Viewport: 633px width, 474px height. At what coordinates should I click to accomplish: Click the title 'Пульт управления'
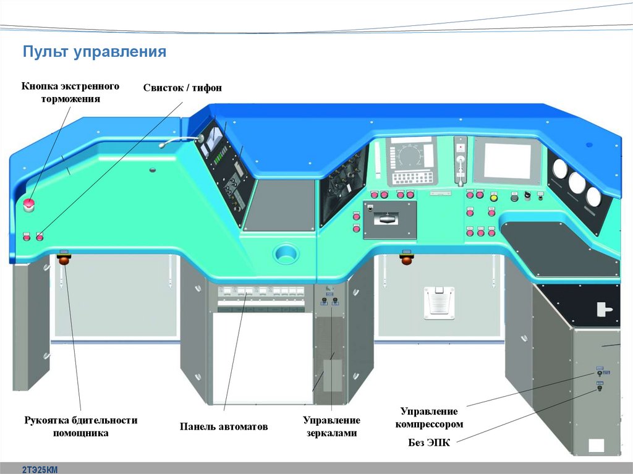tap(95, 51)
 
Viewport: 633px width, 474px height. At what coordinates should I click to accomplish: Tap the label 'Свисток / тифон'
tap(182, 88)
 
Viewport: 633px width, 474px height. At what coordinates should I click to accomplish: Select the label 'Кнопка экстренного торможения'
tap(70, 92)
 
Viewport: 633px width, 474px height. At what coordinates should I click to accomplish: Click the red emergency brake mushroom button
tap(28, 205)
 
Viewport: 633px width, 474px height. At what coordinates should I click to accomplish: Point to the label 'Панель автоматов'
tap(224, 426)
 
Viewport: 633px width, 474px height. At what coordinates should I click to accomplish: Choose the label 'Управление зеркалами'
tap(331, 426)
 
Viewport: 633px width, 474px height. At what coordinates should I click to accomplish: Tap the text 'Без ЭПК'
tap(429, 442)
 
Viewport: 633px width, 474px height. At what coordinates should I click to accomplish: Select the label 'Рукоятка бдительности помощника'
tap(80, 426)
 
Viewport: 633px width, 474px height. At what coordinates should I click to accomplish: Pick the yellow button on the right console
tap(493, 198)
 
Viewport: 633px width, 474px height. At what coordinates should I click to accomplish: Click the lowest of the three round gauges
tap(593, 197)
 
